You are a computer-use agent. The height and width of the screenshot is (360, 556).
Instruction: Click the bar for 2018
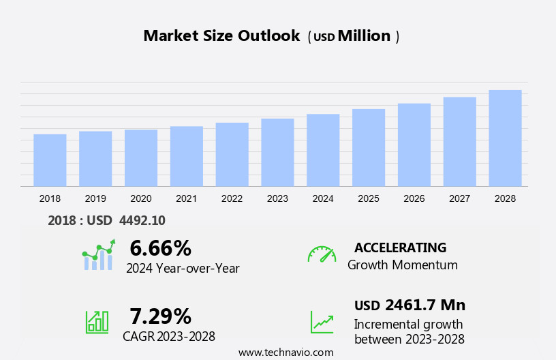coord(50,160)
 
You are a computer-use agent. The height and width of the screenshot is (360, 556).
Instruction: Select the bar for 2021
coord(187,156)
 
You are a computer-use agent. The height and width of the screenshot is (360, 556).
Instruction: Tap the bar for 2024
coord(323,150)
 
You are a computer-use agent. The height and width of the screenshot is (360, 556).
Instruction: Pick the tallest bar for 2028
coord(505,138)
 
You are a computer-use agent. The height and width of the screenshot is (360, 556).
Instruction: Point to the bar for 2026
coord(414,145)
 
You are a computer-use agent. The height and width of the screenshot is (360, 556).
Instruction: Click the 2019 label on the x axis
coord(95,198)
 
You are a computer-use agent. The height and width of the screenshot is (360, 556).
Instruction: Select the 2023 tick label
coord(277,198)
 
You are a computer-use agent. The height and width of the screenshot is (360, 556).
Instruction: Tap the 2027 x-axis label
coord(459,198)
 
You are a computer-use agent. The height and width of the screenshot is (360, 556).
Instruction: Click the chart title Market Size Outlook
coord(221,36)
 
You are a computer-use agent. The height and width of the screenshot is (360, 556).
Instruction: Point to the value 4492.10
coord(142,220)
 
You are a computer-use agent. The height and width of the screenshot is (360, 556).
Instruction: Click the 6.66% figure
coord(160,247)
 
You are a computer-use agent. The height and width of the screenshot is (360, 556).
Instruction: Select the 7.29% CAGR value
coord(160,316)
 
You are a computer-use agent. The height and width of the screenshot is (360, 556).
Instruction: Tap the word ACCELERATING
coord(400,247)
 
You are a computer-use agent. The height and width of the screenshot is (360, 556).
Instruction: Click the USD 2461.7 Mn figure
coord(410,305)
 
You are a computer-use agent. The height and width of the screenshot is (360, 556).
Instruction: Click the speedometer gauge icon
coord(322,254)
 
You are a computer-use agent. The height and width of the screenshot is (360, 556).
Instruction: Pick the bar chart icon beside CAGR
coord(97,321)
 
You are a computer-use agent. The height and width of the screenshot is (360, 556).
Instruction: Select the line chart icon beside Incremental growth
coord(322,322)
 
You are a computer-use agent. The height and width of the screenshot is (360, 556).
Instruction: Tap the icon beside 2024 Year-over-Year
coord(98,255)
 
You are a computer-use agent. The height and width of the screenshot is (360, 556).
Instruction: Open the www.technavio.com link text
coord(285,352)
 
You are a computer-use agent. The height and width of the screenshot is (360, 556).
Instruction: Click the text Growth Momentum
coord(402,265)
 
